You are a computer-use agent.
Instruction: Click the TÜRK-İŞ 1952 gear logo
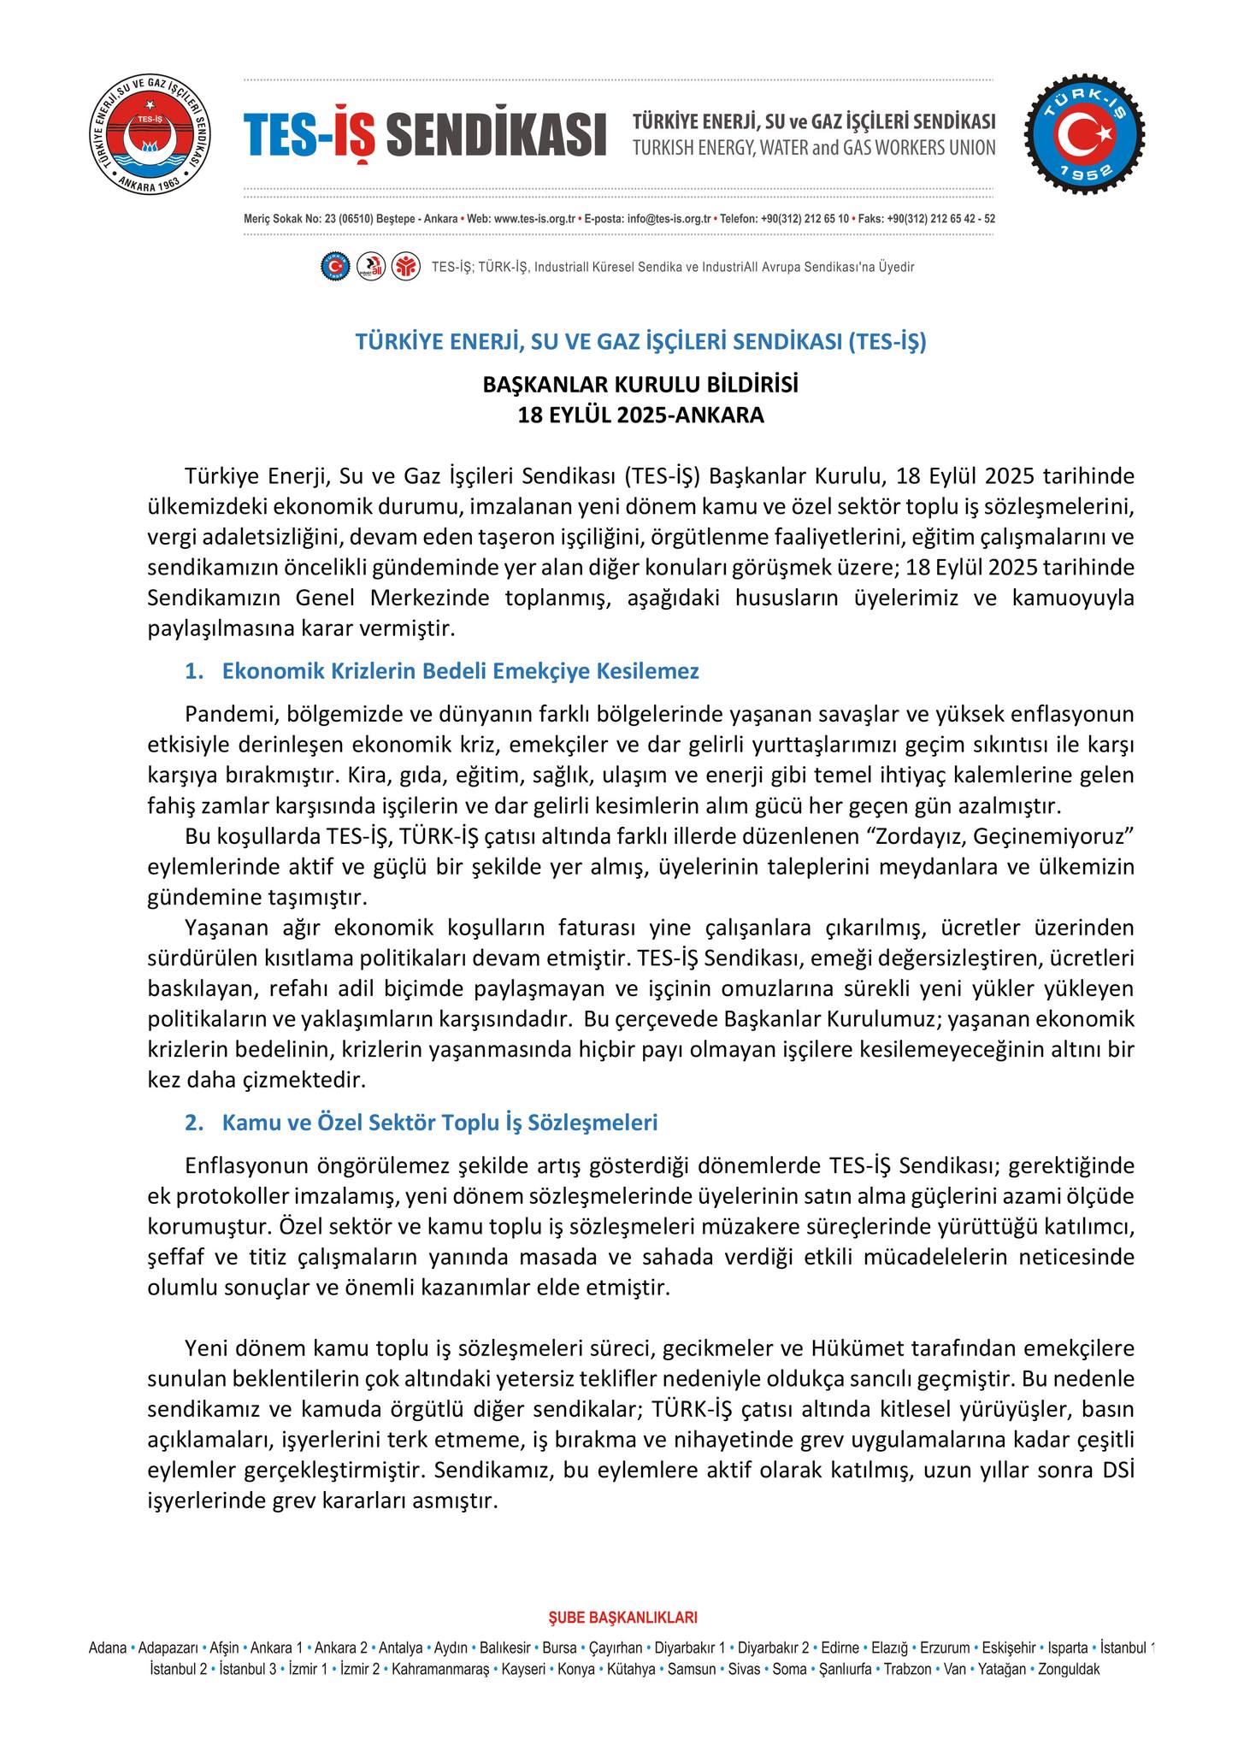(1086, 134)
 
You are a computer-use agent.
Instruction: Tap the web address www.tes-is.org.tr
(534, 219)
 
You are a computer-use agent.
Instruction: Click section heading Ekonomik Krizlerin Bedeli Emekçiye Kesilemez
(460, 671)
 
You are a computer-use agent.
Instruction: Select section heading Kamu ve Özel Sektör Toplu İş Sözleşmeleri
(439, 1122)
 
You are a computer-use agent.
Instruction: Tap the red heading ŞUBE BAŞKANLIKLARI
(622, 1618)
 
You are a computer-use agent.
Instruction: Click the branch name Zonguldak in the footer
(1069, 1669)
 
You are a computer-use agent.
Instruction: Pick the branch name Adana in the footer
(108, 1648)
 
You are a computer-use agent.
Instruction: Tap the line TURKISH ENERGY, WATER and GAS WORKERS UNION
(813, 148)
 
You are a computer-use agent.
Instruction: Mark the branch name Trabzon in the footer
(908, 1669)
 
